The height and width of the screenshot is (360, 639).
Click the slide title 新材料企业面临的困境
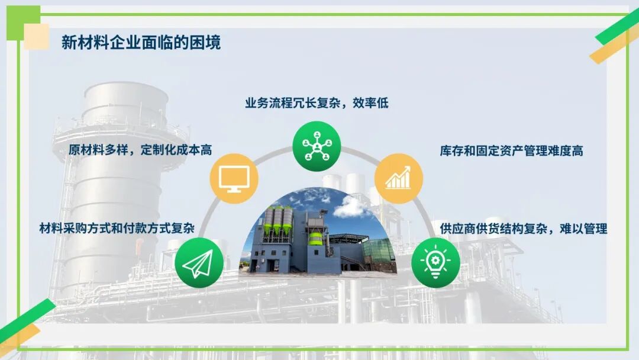point(141,43)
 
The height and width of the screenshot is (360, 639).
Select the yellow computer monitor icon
point(234,178)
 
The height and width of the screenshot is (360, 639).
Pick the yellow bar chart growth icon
point(399,178)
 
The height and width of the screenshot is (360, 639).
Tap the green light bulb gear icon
point(435,263)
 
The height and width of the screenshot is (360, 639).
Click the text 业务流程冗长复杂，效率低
point(317,102)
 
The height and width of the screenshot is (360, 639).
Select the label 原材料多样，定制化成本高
point(140,150)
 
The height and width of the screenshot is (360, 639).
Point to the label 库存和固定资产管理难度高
point(511,150)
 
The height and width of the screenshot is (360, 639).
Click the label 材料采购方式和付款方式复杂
point(117,228)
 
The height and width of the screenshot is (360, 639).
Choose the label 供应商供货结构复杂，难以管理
point(523,228)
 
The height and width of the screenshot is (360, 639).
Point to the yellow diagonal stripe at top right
point(612,46)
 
